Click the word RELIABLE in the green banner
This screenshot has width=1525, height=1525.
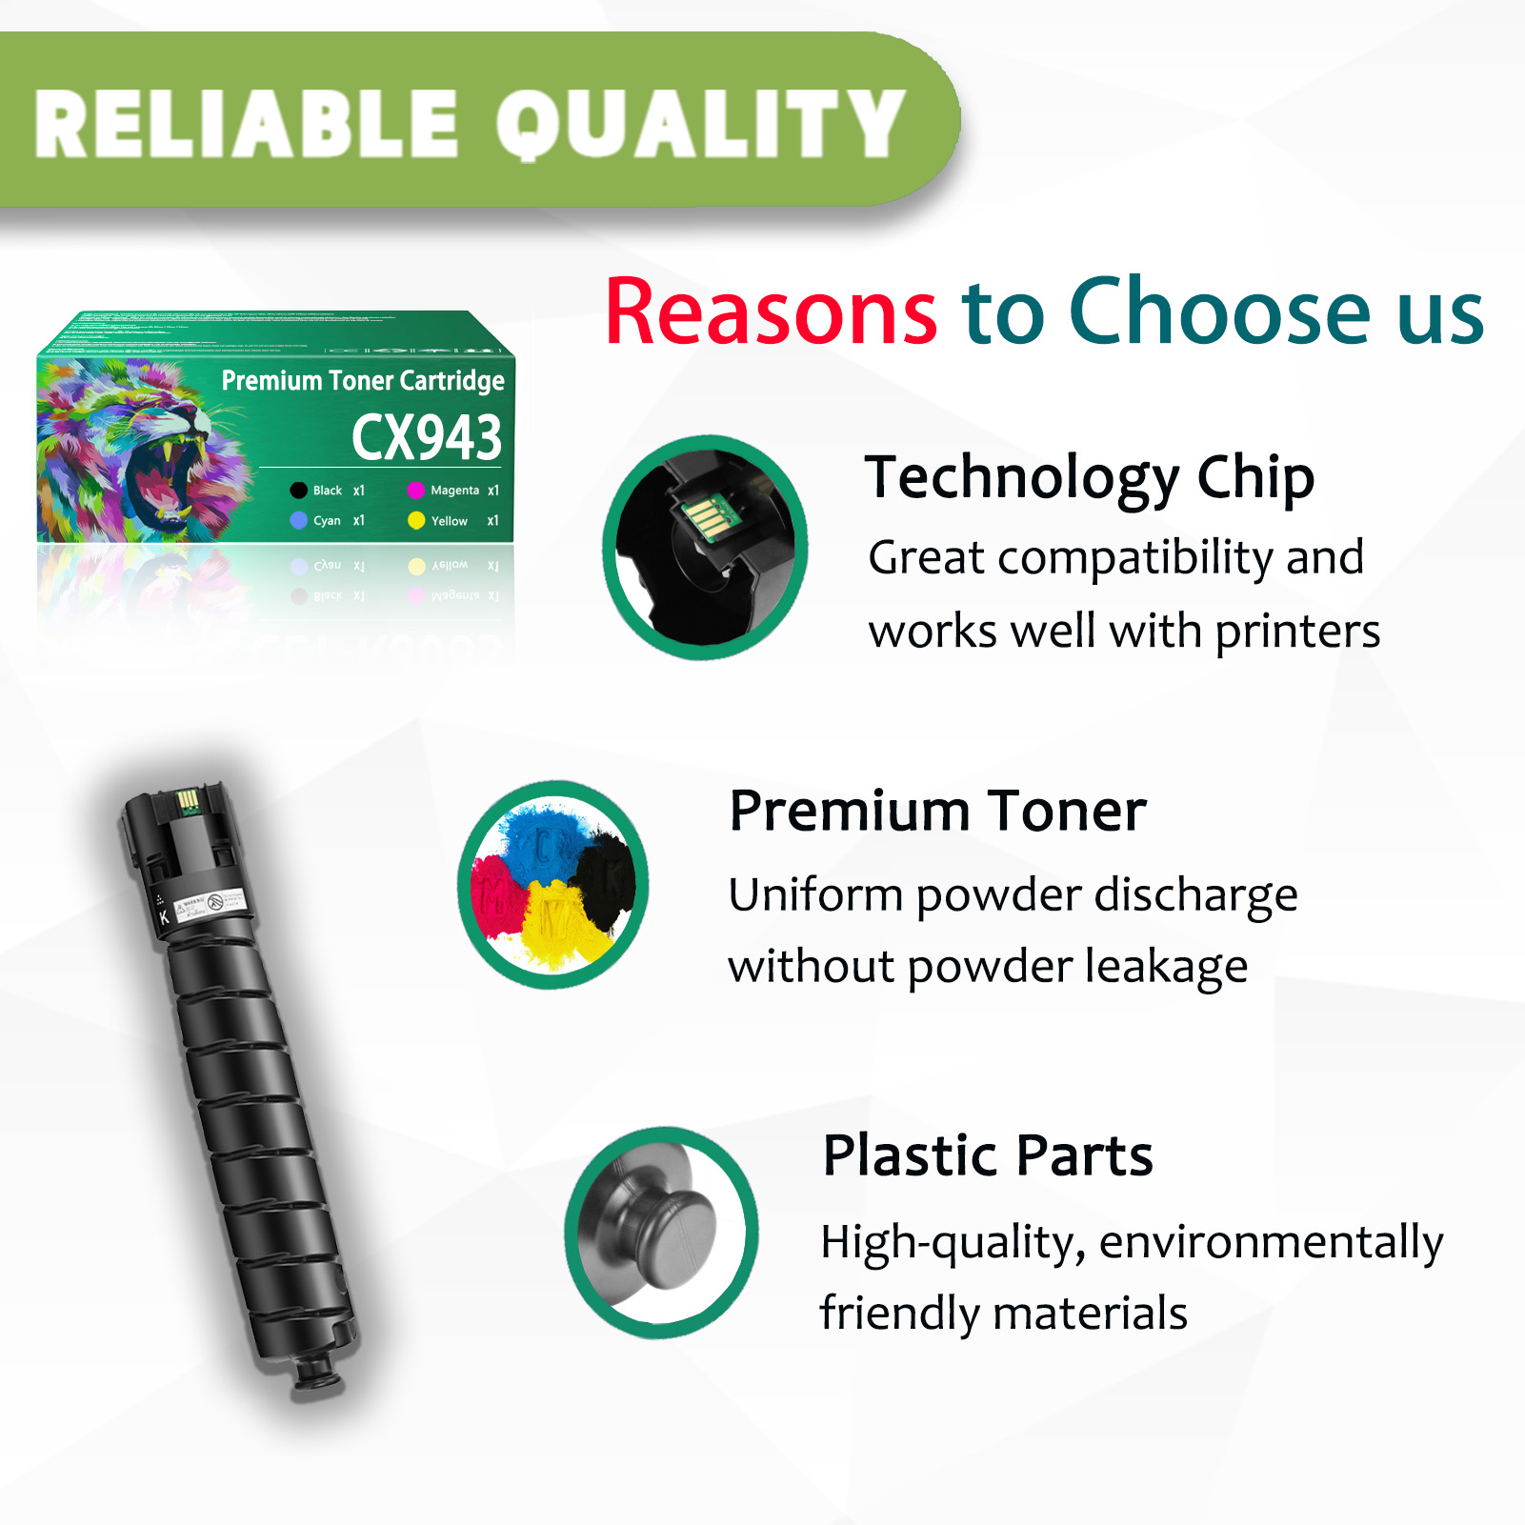click(246, 124)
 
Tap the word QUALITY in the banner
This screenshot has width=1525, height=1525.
click(700, 124)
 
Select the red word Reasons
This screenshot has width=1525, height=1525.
click(771, 311)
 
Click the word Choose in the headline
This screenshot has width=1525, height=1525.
click(1220, 311)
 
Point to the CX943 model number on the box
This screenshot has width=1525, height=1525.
click(426, 437)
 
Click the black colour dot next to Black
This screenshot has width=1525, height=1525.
click(298, 491)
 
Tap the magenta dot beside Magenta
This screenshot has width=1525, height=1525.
click(416, 491)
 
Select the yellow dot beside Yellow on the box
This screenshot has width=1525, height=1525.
click(416, 521)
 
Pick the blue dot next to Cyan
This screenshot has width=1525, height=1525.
click(298, 521)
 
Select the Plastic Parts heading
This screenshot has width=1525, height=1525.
click(988, 1155)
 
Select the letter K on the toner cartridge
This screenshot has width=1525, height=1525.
click(164, 917)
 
